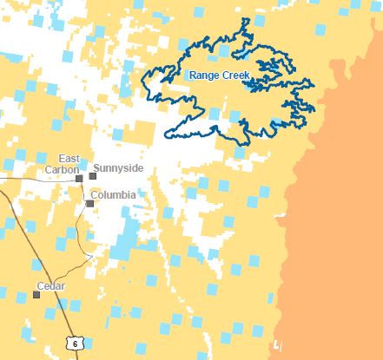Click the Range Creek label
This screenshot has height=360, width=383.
point(220,75)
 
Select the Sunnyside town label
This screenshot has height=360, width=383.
point(118,167)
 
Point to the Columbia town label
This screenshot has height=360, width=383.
point(113,195)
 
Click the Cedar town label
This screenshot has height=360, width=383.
point(51,285)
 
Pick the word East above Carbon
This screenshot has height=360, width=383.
point(69,159)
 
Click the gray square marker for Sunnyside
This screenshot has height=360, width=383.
point(92,176)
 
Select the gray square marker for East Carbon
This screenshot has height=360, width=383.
point(79,178)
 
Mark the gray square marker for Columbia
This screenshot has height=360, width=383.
point(89,204)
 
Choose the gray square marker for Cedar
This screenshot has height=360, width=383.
point(36,294)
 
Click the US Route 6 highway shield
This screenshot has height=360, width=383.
point(75,344)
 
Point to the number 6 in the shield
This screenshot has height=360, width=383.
point(75,344)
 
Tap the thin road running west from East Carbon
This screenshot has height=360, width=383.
point(35,174)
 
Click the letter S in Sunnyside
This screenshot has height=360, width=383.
point(96,167)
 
